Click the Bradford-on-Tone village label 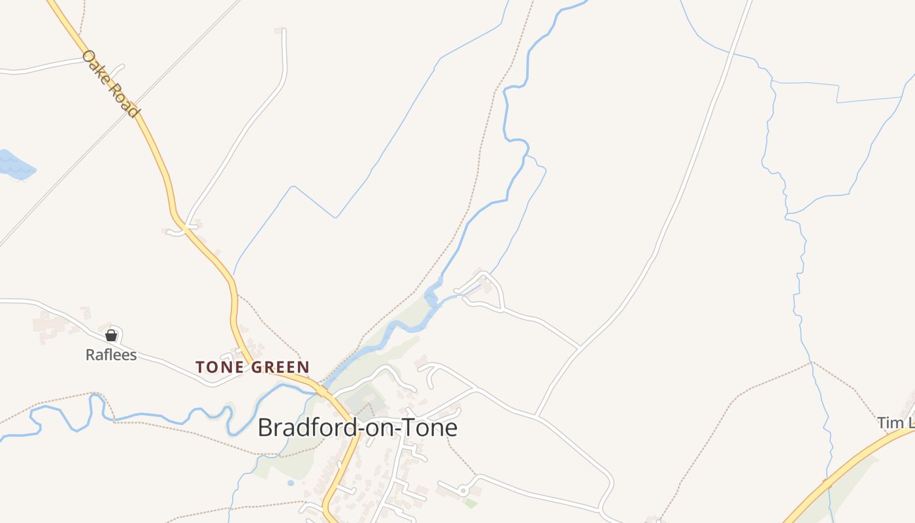pyautogui.click(x=357, y=428)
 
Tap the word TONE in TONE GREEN pyautogui.click(x=219, y=367)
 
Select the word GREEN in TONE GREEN pyautogui.click(x=279, y=367)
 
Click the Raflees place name pyautogui.click(x=111, y=355)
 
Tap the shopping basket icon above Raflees pyautogui.click(x=111, y=335)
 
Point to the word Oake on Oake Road pyautogui.click(x=95, y=65)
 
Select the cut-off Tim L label pyautogui.click(x=895, y=423)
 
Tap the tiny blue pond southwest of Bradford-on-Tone pyautogui.click(x=290, y=483)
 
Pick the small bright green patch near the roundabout pyautogui.click(x=470, y=503)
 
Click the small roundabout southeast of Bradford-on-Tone pyautogui.click(x=463, y=490)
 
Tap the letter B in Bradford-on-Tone pyautogui.click(x=265, y=428)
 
